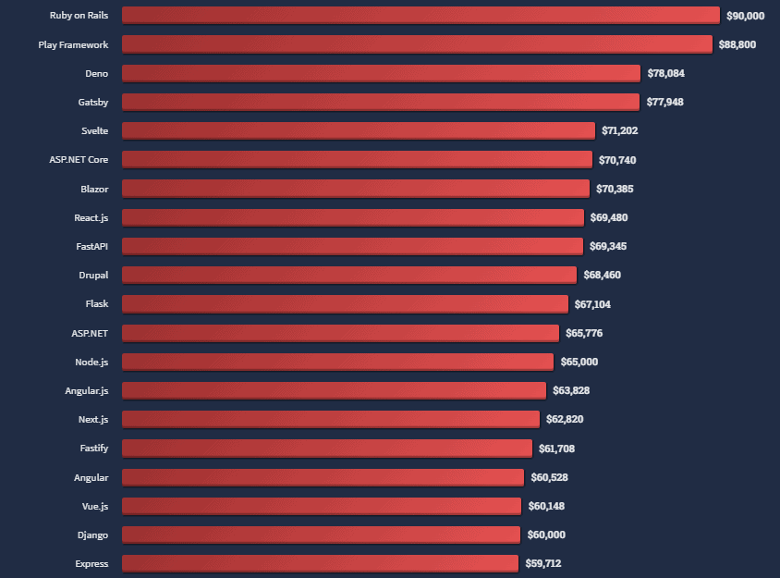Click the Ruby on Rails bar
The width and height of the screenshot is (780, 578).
click(420, 15)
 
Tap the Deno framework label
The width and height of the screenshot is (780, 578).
click(96, 73)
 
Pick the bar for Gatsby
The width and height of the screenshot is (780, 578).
click(380, 102)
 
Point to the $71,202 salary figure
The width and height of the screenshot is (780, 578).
click(619, 131)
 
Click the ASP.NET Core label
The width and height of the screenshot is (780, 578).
click(79, 160)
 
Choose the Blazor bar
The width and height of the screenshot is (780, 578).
click(355, 189)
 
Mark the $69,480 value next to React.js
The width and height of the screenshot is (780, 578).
click(608, 217)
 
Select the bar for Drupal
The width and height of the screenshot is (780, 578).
click(348, 275)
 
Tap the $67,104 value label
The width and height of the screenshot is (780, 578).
click(592, 304)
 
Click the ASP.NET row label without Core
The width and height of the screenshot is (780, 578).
click(90, 333)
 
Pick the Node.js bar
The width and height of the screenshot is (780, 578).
click(337, 362)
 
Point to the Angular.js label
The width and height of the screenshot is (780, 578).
click(86, 390)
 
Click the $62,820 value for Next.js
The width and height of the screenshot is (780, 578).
click(565, 419)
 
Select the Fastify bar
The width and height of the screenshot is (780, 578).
click(328, 448)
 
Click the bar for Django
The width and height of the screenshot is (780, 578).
click(321, 535)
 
